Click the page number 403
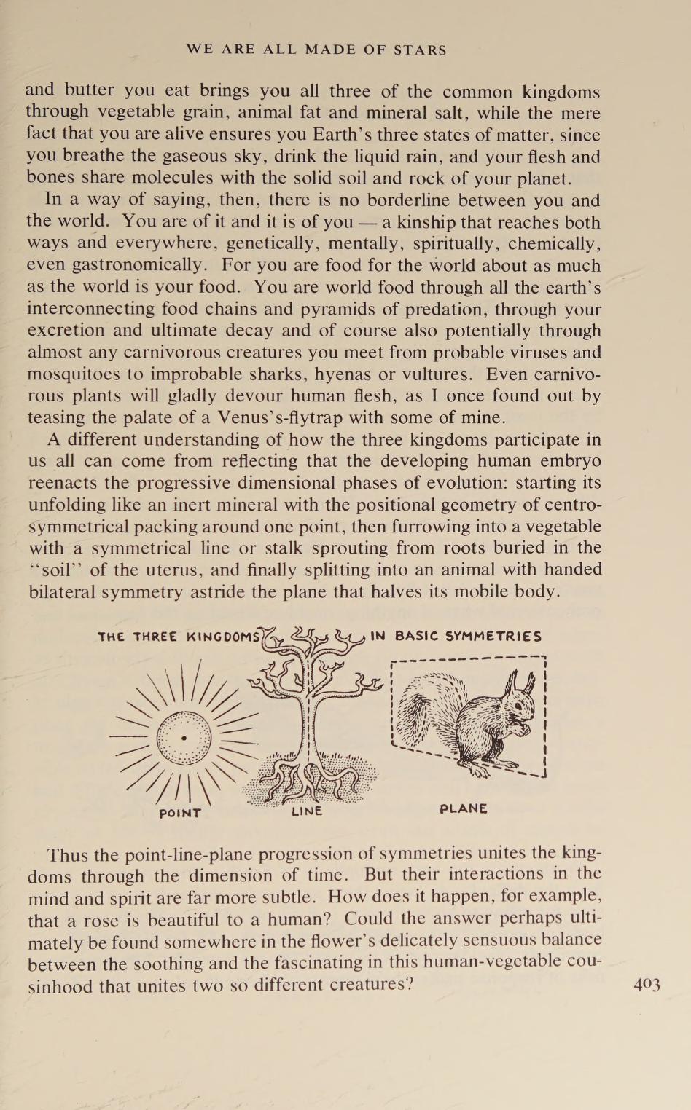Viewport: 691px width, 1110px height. coord(647,985)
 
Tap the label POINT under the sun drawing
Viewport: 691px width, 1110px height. coord(179,813)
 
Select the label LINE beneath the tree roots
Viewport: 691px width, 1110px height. coord(306,811)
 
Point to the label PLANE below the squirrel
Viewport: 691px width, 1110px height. coord(464,808)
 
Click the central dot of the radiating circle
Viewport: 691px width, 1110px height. coord(184,738)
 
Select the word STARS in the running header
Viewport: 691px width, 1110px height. coord(420,50)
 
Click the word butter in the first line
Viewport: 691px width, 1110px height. coord(89,90)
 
